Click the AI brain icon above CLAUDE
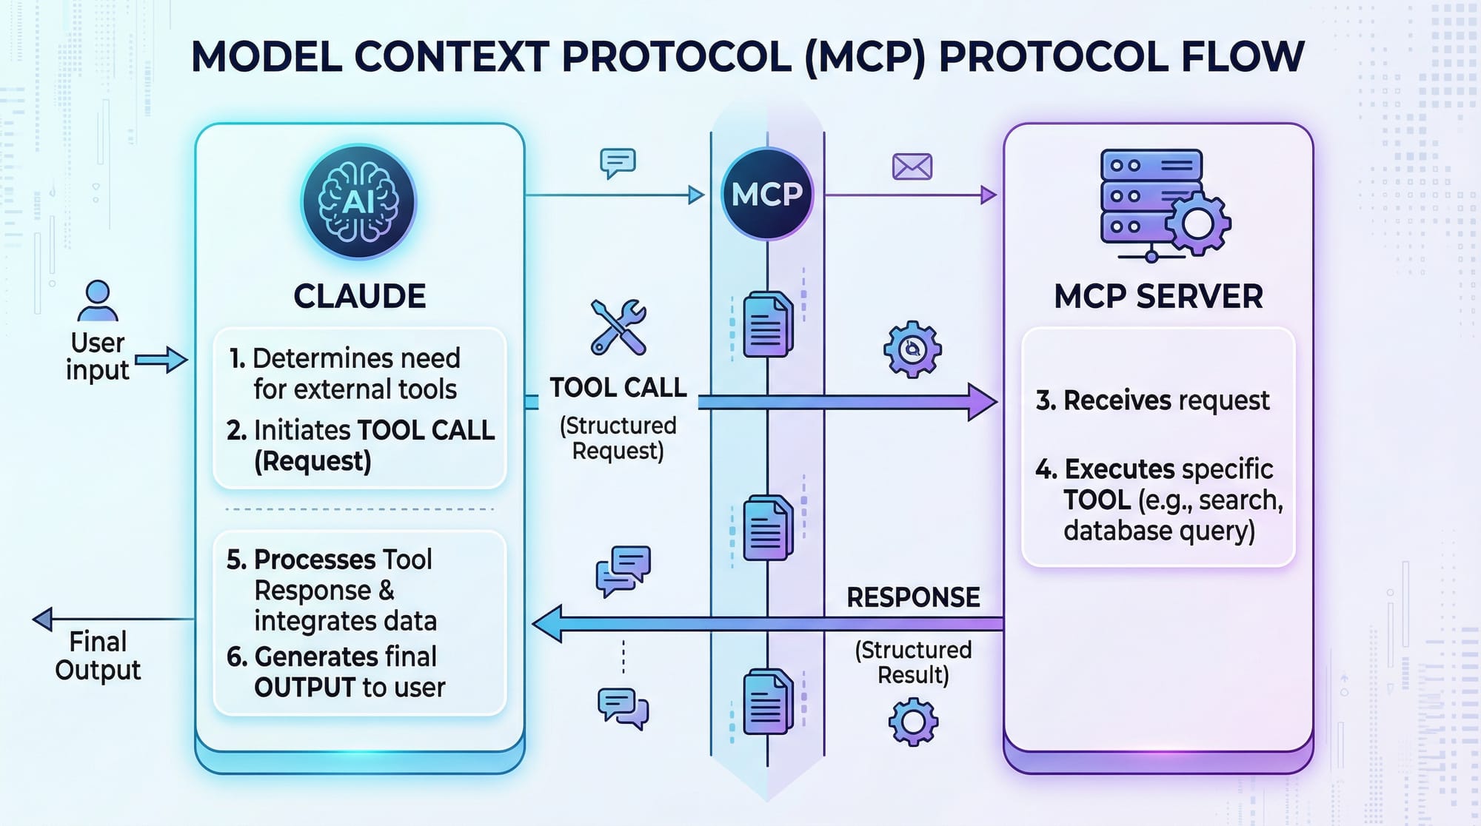point(358,201)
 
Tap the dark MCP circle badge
point(767,194)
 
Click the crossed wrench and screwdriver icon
point(618,326)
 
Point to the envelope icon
point(912,167)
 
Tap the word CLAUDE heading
point(359,297)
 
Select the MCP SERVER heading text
point(1158,297)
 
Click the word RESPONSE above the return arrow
point(913,597)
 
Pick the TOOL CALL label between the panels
point(618,388)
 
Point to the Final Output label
point(98,656)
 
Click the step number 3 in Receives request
point(1045,400)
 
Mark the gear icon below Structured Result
point(913,721)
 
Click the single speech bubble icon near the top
point(618,163)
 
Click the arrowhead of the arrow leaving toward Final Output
point(43,619)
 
